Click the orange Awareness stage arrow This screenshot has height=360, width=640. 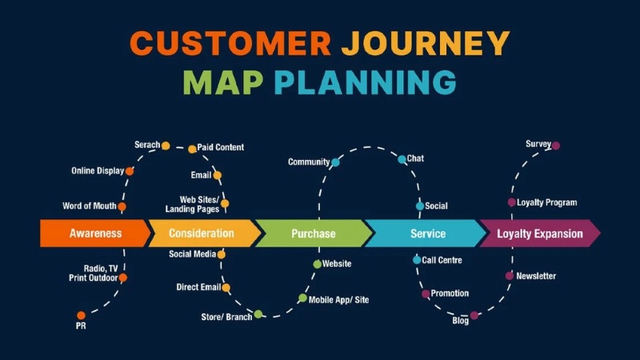[94, 234]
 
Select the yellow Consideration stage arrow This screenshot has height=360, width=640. [202, 234]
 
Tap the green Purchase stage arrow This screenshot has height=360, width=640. [313, 234]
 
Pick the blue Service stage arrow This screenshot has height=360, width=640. [427, 234]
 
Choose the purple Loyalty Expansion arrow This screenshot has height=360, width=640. [539, 234]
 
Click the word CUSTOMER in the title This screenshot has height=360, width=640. [230, 43]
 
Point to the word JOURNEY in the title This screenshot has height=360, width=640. [425, 43]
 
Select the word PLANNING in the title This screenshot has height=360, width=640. [365, 82]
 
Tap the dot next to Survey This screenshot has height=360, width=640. [556, 146]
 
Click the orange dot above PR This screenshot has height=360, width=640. [81, 315]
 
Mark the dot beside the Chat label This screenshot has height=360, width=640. [402, 159]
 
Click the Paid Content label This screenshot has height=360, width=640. [221, 147]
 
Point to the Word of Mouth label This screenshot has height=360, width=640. [89, 206]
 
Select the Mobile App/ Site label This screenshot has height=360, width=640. [338, 299]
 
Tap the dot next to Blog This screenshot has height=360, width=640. [474, 315]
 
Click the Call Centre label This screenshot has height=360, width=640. [442, 260]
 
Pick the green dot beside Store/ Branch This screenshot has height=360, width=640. [258, 314]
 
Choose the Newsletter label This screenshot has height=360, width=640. [536, 276]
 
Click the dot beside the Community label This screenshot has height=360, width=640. [335, 162]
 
